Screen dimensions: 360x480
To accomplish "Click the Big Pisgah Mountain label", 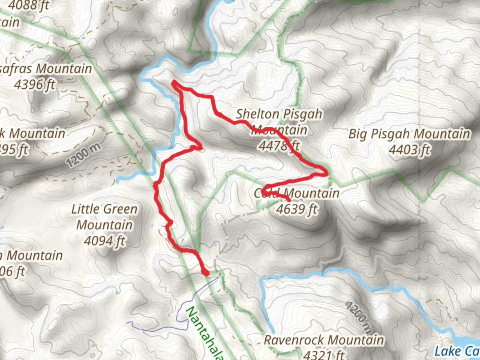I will (409, 134).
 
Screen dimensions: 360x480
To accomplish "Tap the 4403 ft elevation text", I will (409, 150).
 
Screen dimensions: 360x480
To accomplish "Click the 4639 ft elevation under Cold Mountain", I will (296, 209).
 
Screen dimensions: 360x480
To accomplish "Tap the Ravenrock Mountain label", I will (324, 340).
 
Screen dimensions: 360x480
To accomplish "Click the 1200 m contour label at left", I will (83, 156).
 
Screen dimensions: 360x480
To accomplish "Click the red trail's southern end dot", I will (206, 273).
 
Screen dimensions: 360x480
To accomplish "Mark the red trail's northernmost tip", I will (174, 82).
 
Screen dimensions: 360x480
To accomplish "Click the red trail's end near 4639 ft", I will (288, 200).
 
